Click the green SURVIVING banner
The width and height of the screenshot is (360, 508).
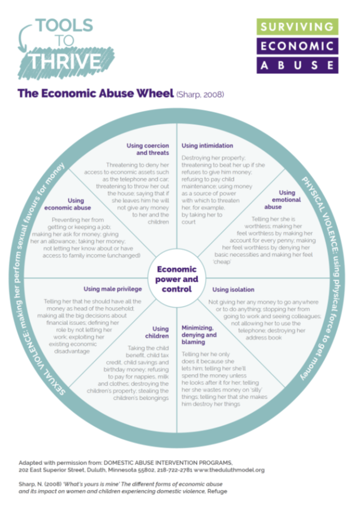point(297,27)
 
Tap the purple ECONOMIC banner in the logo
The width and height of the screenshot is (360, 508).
point(297,46)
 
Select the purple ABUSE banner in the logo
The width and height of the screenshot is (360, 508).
point(297,64)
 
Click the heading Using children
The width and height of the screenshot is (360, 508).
point(160,332)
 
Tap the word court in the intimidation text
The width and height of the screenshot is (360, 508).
point(190,222)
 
